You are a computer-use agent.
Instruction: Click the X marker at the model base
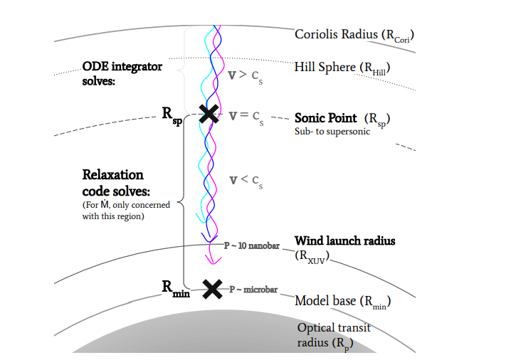coord(212,289)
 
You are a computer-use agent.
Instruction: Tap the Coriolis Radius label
coord(354,35)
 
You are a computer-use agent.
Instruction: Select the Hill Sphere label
coord(344,68)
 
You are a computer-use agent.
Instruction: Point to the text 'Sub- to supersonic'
coord(332,132)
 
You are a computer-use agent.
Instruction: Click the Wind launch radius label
coord(344,241)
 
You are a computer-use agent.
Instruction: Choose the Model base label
coord(343,301)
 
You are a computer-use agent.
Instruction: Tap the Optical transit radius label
coord(334,334)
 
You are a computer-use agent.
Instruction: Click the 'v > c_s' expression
coord(246,75)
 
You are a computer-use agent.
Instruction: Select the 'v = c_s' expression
coord(246,117)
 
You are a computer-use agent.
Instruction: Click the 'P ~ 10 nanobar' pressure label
coord(251,245)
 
